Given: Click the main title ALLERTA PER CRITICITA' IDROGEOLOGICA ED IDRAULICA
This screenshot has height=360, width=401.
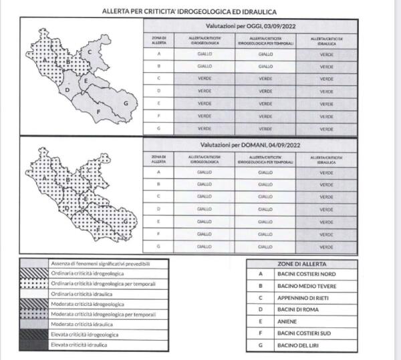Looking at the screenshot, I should (189, 11).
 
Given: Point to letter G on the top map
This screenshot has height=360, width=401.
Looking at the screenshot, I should (125, 104).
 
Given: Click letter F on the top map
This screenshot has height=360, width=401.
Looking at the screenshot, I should (98, 111).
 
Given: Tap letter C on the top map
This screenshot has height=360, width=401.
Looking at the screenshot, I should (89, 51).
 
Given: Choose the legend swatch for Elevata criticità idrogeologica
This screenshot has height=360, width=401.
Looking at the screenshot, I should (33, 334).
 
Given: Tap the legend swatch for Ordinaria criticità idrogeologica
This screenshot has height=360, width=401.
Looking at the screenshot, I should (33, 274).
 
